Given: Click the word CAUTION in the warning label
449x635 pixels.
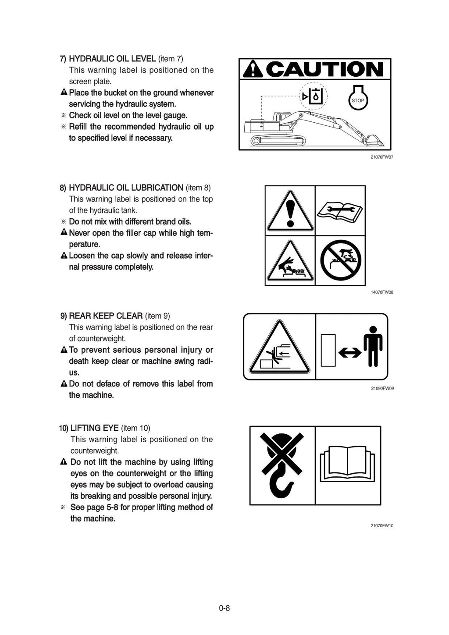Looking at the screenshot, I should pos(324,69).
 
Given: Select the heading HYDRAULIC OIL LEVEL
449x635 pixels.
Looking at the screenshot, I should pos(112,59).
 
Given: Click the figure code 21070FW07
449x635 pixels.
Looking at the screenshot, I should pos(382,157).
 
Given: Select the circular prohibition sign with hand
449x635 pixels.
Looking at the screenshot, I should pos(340,261).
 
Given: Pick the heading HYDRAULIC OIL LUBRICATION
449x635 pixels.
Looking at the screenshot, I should pos(126,188).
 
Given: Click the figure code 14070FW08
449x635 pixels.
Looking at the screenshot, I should pos(382,292).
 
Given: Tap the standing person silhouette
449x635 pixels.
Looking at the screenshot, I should pos(373,346).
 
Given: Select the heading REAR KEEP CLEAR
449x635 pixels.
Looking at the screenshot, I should pos(106,316).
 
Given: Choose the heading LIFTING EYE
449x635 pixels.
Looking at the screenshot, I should pos(94,428).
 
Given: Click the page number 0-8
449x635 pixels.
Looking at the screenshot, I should pos(224,608).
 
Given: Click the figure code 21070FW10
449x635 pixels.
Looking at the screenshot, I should pos(382,525).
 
